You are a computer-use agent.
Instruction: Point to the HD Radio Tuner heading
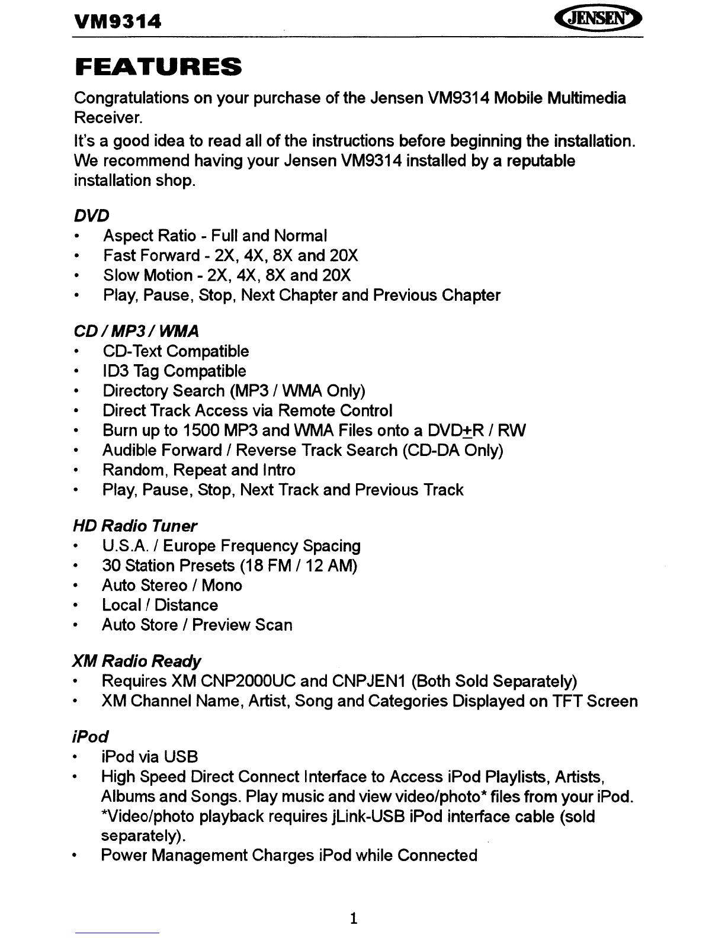[134, 526]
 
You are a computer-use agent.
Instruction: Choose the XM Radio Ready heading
[136, 661]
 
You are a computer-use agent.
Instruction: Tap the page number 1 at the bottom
[354, 918]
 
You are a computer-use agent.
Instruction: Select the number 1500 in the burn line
[203, 431]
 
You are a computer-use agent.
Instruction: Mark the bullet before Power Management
[75, 856]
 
